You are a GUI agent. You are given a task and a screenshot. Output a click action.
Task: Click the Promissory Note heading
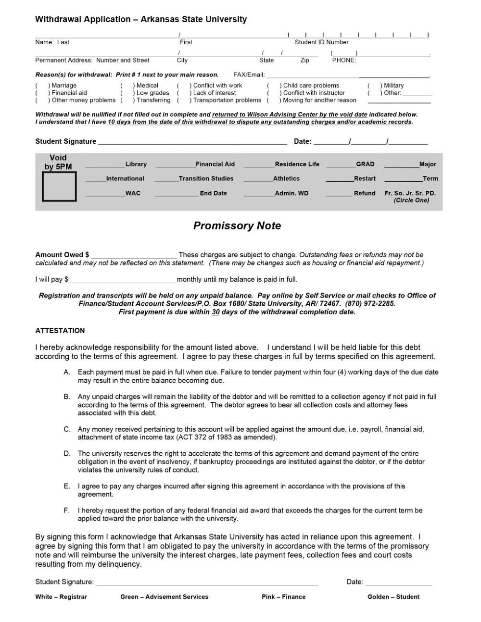(x=237, y=226)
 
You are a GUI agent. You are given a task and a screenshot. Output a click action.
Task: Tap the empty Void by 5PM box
(x=59, y=186)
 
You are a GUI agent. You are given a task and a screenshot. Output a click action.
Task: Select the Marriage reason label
(x=64, y=86)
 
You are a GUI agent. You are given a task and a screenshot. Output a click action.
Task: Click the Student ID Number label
(x=321, y=42)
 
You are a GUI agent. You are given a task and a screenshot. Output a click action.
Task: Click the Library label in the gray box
(x=136, y=164)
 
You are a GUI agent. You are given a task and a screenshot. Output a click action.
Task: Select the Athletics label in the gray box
(x=286, y=178)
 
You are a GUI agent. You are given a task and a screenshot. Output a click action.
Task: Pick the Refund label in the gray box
(x=365, y=193)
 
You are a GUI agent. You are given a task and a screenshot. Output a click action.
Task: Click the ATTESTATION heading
(x=60, y=331)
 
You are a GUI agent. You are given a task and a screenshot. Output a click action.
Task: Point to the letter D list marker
(x=67, y=453)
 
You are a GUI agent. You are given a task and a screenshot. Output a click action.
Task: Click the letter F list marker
(x=67, y=510)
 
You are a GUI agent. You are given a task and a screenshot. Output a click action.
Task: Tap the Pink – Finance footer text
(x=283, y=597)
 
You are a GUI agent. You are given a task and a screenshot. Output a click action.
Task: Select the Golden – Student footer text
(x=393, y=597)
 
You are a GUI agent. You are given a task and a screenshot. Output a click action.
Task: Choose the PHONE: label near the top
(x=343, y=61)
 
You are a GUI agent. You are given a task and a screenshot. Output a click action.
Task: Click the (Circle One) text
(x=411, y=200)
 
